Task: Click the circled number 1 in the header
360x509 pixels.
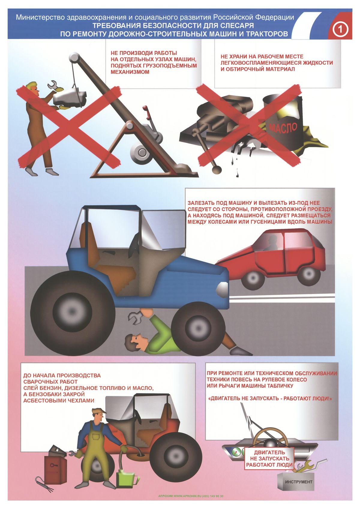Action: point(340,29)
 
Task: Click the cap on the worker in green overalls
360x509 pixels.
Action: point(98,411)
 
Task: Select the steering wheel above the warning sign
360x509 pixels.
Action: point(270,436)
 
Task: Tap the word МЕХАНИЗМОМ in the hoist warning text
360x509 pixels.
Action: point(130,72)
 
